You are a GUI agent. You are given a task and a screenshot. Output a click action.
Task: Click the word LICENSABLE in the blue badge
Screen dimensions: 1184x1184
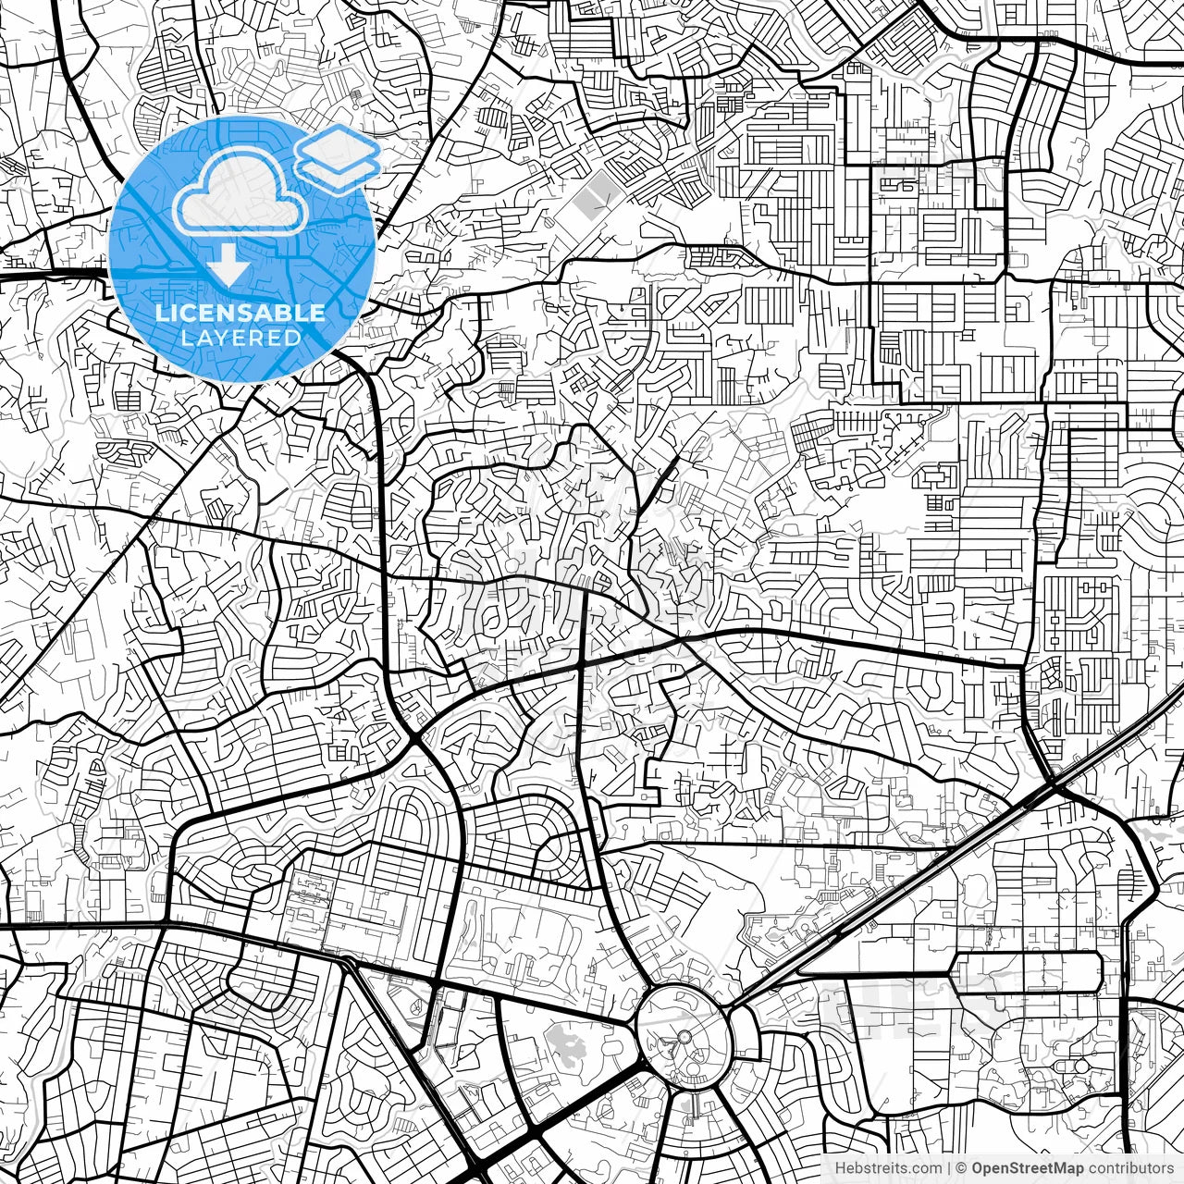240,313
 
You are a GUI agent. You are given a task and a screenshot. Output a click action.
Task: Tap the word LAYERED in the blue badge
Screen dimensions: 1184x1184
240,338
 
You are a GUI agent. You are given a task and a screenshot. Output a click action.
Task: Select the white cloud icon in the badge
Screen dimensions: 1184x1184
240,192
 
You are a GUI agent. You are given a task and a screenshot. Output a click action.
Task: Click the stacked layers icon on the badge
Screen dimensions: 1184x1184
338,157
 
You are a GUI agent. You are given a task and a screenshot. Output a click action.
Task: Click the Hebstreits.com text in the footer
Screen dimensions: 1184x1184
887,1167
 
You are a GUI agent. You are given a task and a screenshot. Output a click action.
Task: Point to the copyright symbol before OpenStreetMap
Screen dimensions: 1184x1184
962,1167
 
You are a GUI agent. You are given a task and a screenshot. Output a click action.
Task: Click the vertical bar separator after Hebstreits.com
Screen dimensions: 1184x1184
949,1167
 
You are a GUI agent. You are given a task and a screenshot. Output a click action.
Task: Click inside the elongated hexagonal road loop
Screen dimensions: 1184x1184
1027,973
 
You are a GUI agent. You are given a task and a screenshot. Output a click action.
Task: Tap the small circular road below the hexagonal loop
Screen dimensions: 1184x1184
1080,1066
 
